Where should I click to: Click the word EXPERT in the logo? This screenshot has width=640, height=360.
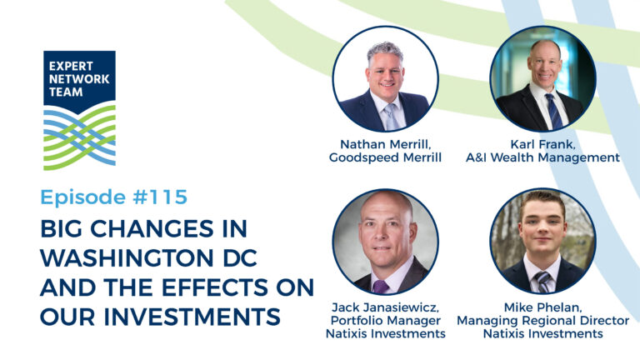point(71,66)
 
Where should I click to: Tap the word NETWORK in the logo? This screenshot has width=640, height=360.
point(79,79)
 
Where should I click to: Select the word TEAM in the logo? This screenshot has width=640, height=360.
point(66,92)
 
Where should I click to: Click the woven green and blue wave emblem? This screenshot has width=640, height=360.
point(80,137)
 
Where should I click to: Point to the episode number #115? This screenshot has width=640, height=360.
point(160,197)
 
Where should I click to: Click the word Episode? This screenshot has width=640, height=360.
point(82,197)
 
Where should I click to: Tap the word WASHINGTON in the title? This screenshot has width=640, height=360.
point(127,258)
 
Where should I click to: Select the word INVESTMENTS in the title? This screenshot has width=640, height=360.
point(192,317)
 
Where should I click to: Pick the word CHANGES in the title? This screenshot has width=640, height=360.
point(152,228)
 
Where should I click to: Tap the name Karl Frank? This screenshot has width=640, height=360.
point(542,144)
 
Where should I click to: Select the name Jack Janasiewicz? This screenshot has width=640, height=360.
point(385,307)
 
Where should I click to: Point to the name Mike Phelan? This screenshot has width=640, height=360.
point(542,307)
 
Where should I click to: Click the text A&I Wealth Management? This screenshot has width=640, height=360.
point(542,157)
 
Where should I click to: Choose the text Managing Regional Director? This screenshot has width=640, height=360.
point(542,321)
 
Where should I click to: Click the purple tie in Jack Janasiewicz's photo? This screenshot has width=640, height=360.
point(380,287)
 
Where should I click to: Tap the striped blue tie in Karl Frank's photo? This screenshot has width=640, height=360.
point(554,111)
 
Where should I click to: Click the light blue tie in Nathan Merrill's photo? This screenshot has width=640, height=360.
point(392,117)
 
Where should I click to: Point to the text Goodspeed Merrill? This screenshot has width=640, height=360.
point(385,157)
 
